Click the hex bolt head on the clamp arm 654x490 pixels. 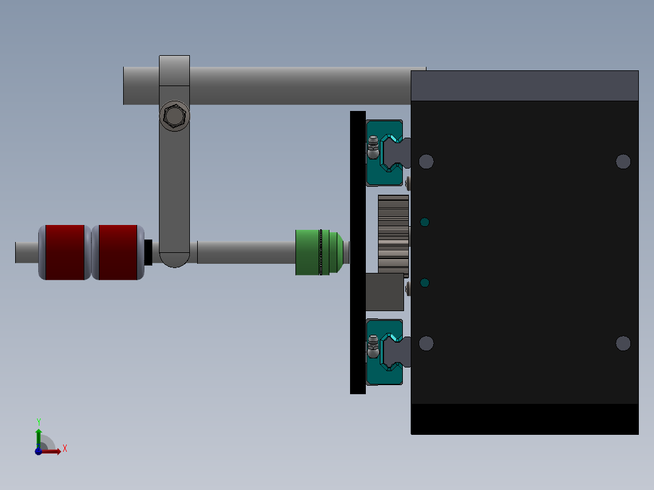click(x=174, y=115)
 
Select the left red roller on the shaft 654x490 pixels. click(x=65, y=252)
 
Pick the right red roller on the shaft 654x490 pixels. click(x=118, y=252)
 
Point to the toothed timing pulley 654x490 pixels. click(x=393, y=233)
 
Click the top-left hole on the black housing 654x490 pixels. click(x=426, y=161)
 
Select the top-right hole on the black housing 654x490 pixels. click(x=623, y=161)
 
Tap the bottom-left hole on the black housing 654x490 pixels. click(x=426, y=343)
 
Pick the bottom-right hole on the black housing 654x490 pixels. click(x=623, y=343)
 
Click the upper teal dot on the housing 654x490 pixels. click(x=425, y=222)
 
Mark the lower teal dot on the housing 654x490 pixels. click(x=425, y=283)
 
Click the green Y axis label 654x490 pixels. click(x=38, y=421)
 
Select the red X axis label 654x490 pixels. click(x=64, y=449)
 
